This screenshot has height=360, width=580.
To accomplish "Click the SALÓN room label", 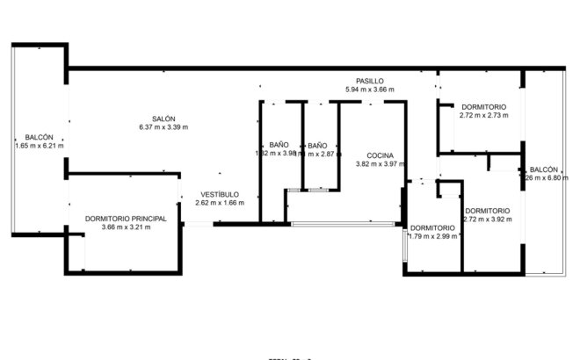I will tap(163, 119).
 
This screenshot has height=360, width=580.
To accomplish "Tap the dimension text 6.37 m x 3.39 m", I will tap(163, 127).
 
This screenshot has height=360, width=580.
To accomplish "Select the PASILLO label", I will tap(370, 81).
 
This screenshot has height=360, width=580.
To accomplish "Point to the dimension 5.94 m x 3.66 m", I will tap(370, 90).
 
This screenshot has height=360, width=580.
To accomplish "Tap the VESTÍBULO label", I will tap(220, 194).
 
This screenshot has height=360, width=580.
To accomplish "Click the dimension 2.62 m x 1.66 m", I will tap(220, 203).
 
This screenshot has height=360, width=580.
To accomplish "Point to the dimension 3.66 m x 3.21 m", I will tap(126, 227).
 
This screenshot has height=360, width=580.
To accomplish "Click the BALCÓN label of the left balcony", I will tap(40, 137).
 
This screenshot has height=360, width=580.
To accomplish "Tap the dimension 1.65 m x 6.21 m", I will tap(40, 146).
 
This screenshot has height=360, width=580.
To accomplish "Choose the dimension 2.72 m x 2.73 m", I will tap(484, 114).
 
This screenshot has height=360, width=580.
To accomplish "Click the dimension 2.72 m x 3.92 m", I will tap(488, 219).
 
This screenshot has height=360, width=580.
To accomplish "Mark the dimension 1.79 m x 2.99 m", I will tap(432, 236).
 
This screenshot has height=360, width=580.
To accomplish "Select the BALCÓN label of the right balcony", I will tap(544, 169).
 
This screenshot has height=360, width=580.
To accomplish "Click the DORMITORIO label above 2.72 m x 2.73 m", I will tap(484, 105).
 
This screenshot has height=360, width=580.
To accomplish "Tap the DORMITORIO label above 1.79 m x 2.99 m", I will tap(432, 227).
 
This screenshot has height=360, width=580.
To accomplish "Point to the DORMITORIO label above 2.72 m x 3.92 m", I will tap(488, 210).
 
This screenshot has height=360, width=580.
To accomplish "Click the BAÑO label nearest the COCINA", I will tap(317, 144).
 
